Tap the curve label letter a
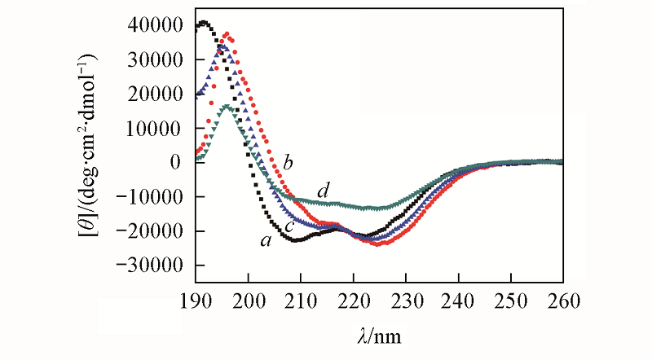[264, 241]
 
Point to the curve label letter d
[324, 191]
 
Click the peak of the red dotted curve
[227, 34]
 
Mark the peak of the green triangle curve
[227, 107]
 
